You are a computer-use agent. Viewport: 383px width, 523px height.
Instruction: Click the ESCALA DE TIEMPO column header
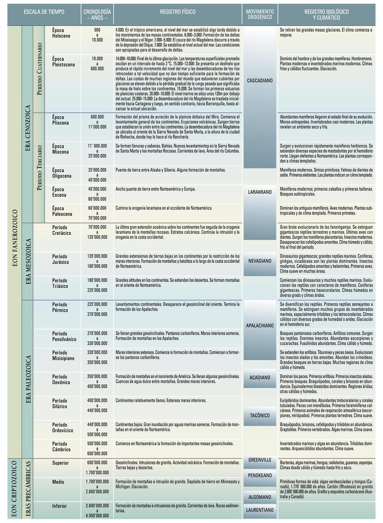[x=44, y=12]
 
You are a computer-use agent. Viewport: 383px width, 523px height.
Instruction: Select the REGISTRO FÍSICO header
[x=178, y=12]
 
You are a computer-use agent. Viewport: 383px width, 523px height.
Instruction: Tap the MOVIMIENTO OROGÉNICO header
[x=260, y=14]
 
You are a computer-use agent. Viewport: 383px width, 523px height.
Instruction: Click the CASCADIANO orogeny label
[x=260, y=80]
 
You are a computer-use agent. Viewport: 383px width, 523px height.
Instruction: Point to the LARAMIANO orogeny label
[x=260, y=192]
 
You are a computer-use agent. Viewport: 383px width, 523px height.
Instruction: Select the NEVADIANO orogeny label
[x=260, y=261]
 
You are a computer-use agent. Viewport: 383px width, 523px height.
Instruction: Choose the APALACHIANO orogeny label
[x=260, y=325]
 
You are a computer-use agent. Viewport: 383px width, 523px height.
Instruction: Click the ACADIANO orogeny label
[x=260, y=377]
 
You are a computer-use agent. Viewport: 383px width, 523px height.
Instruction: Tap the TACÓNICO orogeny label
[x=260, y=415]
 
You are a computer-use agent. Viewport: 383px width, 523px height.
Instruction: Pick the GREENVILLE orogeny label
[x=260, y=460]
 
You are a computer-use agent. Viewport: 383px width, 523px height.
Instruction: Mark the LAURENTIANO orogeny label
[x=260, y=510]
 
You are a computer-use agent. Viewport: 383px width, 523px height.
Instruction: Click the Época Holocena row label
[x=61, y=33]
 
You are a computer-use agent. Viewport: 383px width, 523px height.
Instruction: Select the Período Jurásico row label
[x=60, y=259]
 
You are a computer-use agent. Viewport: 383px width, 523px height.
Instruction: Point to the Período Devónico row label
[x=61, y=379]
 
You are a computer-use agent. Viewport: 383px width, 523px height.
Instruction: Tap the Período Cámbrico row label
[x=61, y=446]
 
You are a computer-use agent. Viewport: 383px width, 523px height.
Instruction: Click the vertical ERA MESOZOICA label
[x=28, y=261]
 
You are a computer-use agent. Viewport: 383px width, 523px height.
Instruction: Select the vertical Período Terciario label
[x=39, y=168]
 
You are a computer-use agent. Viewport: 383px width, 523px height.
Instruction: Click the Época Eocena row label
[x=59, y=192]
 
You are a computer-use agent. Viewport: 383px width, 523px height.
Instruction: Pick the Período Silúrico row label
[x=60, y=403]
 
